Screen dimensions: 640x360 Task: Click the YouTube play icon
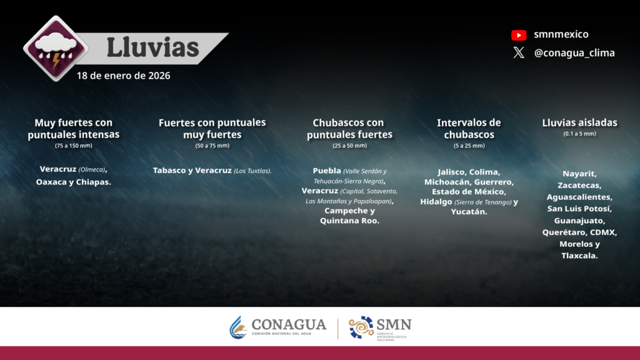click(x=519, y=35)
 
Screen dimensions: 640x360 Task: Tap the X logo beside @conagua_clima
click(x=519, y=52)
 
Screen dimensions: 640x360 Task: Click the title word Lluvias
click(x=152, y=47)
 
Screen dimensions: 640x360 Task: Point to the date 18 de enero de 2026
click(x=123, y=76)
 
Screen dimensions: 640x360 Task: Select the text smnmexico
click(x=561, y=34)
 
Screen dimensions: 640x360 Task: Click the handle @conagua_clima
click(x=574, y=53)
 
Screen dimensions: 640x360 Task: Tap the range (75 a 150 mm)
click(x=74, y=146)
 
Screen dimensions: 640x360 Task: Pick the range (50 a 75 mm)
click(x=212, y=146)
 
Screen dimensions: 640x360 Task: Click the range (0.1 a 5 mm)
click(x=579, y=134)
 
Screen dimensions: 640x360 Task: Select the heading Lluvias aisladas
click(x=579, y=122)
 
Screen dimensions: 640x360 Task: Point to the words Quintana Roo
click(x=349, y=221)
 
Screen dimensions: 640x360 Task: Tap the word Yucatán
click(x=469, y=212)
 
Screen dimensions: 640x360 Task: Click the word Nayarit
click(x=579, y=174)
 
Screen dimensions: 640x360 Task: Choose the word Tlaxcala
click(x=579, y=256)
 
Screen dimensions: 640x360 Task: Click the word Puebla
click(x=326, y=171)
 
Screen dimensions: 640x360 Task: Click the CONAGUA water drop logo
click(x=238, y=327)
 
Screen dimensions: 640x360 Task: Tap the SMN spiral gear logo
click(x=361, y=327)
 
